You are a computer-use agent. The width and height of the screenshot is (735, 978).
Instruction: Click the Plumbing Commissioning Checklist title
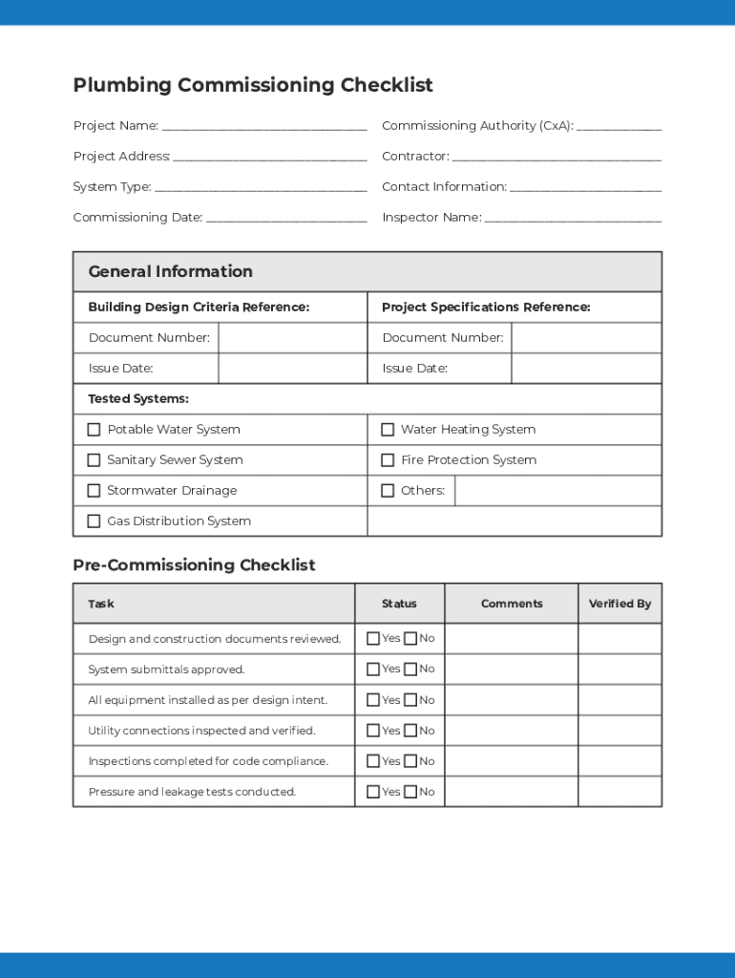pos(253,85)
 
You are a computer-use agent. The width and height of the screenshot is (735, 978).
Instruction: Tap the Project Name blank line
pos(264,126)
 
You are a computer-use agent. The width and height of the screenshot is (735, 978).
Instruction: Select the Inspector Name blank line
pos(573,218)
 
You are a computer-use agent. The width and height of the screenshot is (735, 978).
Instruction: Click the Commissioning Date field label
pos(137,218)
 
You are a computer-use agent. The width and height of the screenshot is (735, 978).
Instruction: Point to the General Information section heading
pos(171,271)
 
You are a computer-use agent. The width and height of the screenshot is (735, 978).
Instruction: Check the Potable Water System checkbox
pos(94,430)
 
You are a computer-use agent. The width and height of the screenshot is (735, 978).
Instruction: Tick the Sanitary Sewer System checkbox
pos(94,460)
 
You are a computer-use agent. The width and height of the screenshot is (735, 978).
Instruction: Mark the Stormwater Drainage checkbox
pos(94,491)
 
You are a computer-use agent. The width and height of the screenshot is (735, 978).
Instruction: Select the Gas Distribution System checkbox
pos(94,521)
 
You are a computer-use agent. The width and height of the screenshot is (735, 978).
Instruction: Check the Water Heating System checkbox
pos(388,430)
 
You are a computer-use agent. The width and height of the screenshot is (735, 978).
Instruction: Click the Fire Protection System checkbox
pos(388,460)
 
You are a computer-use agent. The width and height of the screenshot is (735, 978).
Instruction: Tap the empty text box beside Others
pos(557,491)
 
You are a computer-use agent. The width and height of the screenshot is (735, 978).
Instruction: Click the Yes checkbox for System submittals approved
pos(373,670)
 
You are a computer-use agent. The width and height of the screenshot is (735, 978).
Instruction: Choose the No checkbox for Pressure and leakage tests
pos(410,792)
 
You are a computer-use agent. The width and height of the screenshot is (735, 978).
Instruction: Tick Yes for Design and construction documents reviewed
pos(373,639)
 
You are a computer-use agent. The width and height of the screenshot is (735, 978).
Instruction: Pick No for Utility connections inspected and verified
pos(410,731)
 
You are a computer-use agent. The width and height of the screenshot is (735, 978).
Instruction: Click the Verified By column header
pos(619,604)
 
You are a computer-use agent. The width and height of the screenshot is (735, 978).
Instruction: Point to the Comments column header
pos(512,604)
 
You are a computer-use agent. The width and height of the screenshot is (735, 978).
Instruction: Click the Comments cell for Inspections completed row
pos(512,761)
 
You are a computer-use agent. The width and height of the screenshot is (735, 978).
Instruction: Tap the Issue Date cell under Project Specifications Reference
pos(586,369)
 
